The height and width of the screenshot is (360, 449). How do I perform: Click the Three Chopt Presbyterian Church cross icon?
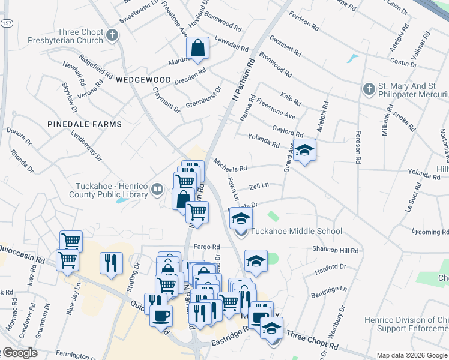pyautogui.click(x=112, y=35)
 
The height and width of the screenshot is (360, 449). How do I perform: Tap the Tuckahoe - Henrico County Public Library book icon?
pyautogui.click(x=157, y=190)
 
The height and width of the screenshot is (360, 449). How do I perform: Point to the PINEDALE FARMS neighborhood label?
pyautogui.click(x=85, y=124)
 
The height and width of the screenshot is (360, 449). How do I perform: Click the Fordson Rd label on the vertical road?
pyautogui.click(x=358, y=146)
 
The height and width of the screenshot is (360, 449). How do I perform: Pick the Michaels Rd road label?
pyautogui.click(x=230, y=166)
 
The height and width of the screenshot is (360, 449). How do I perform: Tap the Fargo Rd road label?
pyautogui.click(x=207, y=247)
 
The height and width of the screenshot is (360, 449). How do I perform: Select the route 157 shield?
pyautogui.click(x=6, y=23)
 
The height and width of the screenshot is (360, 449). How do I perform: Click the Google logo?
pyautogui.click(x=19, y=353)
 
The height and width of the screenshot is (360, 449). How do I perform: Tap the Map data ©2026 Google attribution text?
pyautogui.click(x=411, y=355)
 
